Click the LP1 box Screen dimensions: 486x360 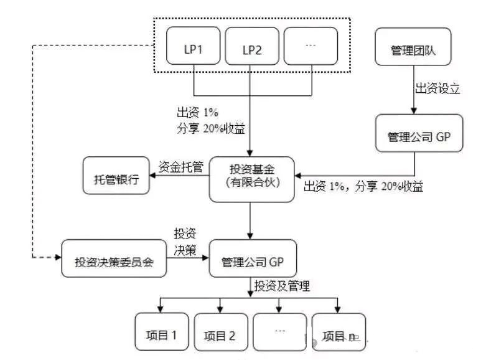point(193,45)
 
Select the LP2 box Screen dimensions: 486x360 point(251,46)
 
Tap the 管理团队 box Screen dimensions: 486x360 point(413,47)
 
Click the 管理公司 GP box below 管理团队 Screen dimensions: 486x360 point(419,133)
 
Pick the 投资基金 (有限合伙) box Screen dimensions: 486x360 point(251,179)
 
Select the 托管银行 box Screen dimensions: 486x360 point(116,176)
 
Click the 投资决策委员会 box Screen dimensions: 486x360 point(114,258)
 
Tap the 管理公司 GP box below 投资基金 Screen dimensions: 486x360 point(253,258)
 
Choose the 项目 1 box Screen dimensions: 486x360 point(162,332)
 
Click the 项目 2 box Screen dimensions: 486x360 point(221,332)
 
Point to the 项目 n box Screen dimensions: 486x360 point(339,332)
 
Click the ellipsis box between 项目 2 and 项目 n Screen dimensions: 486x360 point(279,332)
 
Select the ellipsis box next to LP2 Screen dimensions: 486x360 point(311,46)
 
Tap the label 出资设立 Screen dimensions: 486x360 point(437,88)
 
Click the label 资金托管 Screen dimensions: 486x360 point(181,167)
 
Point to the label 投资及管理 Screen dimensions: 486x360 point(282,286)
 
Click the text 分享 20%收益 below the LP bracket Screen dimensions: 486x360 point(211,128)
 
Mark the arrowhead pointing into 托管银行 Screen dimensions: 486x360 point(152,176)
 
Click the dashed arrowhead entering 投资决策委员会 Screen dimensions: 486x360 point(58,257)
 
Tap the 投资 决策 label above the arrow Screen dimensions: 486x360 point(185,242)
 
